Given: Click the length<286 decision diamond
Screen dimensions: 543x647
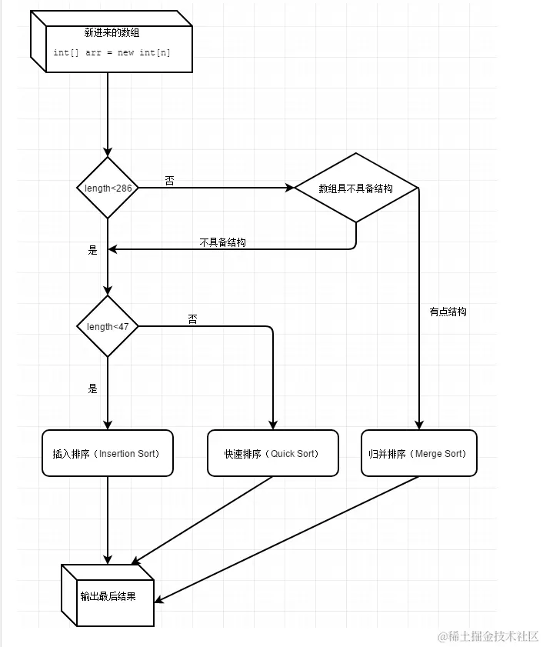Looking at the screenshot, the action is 108,188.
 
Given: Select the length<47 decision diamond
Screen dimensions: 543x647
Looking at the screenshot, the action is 108,326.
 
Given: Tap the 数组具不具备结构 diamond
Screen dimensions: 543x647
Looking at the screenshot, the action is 356,188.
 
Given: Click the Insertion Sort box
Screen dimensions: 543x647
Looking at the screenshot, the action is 108,453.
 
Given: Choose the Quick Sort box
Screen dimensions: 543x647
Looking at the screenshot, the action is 273,453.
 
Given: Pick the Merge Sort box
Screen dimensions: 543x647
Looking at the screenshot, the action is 419,453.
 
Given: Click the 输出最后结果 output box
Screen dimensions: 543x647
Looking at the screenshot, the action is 108,595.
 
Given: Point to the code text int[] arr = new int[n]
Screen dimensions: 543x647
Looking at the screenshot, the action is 112,52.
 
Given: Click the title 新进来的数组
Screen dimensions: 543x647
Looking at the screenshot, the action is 112,32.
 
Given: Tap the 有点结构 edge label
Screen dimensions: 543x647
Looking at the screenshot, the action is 448,312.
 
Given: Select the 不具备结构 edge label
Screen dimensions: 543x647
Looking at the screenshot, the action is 223,242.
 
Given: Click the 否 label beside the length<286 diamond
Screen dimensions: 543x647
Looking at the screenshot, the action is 169,180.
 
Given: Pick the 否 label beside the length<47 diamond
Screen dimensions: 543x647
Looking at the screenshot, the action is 193,319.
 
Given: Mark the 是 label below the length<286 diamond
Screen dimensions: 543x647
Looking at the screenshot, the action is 93,249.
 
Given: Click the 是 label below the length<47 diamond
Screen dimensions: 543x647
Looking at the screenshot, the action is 93,389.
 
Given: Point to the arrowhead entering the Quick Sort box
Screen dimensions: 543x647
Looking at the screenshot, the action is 273,425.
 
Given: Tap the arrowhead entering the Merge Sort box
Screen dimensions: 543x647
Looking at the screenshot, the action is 419,425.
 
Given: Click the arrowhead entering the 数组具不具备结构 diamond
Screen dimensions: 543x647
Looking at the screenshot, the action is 289,188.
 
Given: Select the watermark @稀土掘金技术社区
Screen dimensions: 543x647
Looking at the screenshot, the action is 488,636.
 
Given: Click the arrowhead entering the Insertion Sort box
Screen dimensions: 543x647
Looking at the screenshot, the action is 108,425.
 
